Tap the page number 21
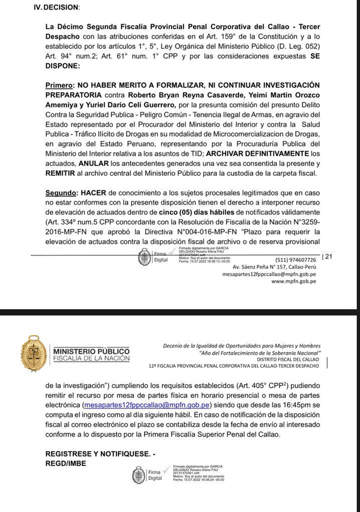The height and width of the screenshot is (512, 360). click(328, 256)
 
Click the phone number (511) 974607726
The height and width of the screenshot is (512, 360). click(296, 260)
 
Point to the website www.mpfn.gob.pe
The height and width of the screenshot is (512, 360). click(294, 281)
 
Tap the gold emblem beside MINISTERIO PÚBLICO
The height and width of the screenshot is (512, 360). click(34, 354)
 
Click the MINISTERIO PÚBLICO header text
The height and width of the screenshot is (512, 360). click(91, 351)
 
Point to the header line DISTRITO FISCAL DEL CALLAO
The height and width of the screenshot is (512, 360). click(288, 359)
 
